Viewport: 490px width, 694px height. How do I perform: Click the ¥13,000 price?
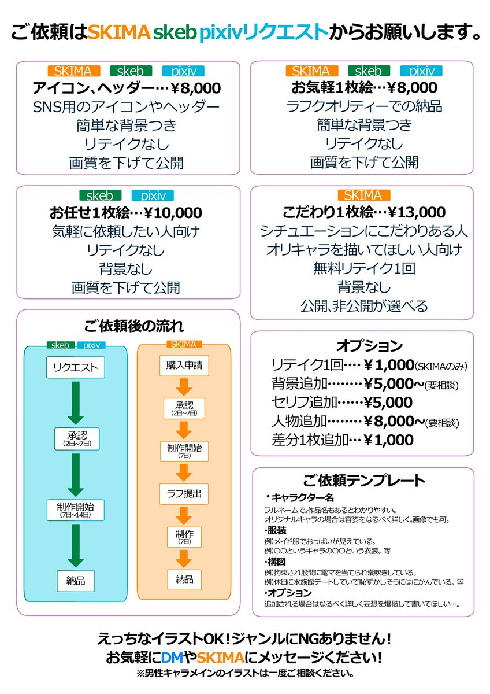click(x=415, y=212)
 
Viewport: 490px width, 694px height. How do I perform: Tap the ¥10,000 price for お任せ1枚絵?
click(x=173, y=212)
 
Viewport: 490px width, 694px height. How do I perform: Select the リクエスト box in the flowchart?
click(x=75, y=367)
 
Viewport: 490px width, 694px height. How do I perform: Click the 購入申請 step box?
click(x=183, y=365)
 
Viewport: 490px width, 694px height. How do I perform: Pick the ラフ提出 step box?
click(x=183, y=494)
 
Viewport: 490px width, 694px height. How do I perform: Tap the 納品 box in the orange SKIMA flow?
click(x=183, y=579)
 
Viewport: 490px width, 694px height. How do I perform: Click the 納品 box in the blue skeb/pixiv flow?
click(x=75, y=581)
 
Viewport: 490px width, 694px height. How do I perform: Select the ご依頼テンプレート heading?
click(x=364, y=481)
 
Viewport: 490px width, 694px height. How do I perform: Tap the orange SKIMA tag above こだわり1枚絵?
click(x=363, y=195)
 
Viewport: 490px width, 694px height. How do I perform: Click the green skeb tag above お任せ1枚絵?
click(x=99, y=195)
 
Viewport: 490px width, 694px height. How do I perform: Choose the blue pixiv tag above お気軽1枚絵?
click(x=421, y=71)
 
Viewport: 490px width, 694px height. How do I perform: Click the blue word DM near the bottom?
click(x=173, y=658)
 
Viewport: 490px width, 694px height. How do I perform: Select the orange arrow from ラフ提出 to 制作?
click(x=183, y=515)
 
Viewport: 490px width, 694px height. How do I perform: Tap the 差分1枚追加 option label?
click(x=309, y=440)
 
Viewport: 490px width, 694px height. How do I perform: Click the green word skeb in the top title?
click(x=175, y=32)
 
